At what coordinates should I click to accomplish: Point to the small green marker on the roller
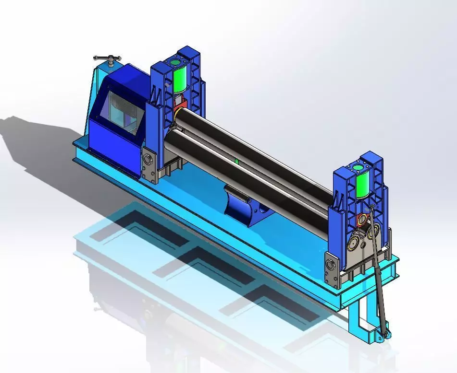point(237,161)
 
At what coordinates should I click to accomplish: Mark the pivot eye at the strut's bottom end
point(383,338)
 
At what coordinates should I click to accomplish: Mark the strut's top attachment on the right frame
point(371,207)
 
